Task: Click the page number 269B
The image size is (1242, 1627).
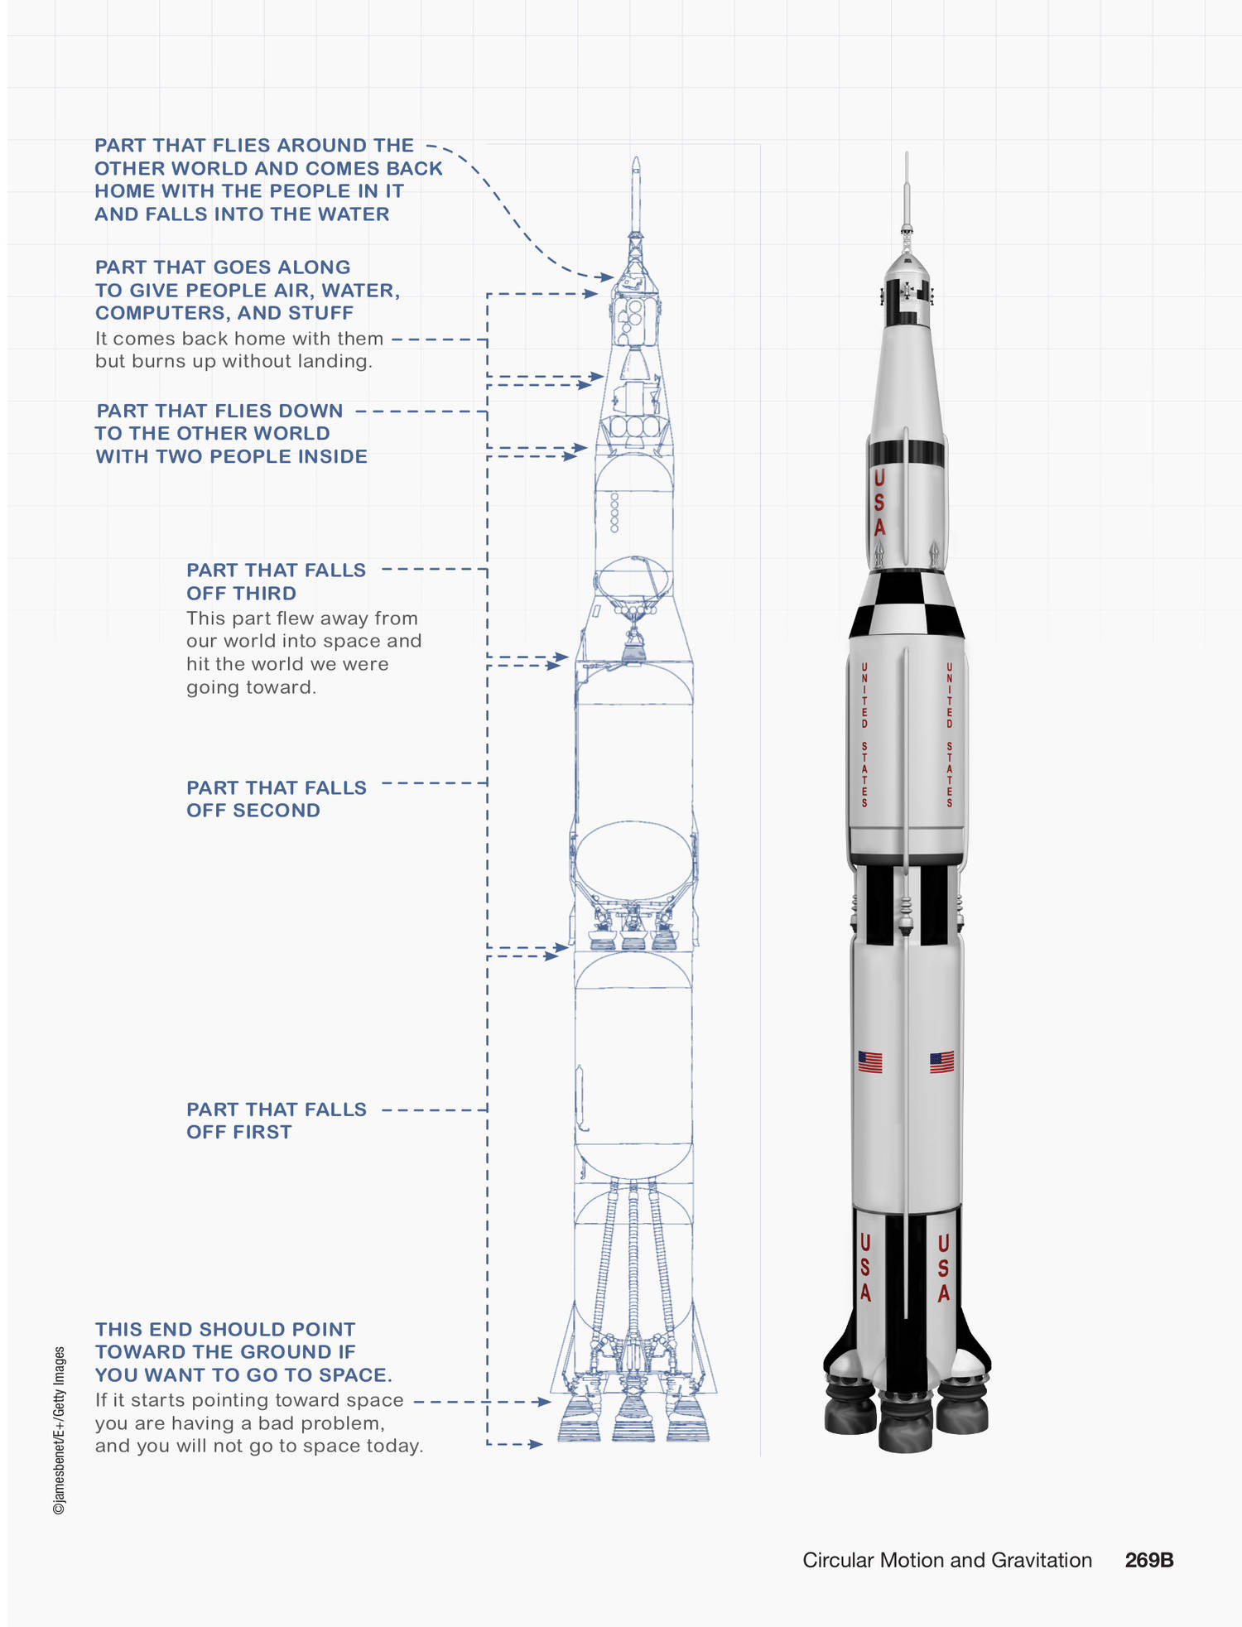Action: tap(1148, 1560)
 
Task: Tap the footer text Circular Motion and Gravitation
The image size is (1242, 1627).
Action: tap(947, 1560)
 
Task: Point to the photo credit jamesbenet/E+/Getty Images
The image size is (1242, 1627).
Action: tap(59, 1431)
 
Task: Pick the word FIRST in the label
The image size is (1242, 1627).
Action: tap(262, 1132)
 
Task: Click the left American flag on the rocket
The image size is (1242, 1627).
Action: tap(869, 1061)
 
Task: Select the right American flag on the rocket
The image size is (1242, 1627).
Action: tap(941, 1061)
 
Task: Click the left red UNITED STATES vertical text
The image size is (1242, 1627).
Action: tap(864, 734)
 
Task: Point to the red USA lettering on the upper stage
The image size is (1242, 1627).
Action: tap(879, 503)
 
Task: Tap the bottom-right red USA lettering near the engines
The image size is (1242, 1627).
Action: tap(943, 1268)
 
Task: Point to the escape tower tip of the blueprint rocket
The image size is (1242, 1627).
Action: tap(635, 158)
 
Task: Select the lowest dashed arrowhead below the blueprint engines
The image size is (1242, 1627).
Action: tap(537, 1444)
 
